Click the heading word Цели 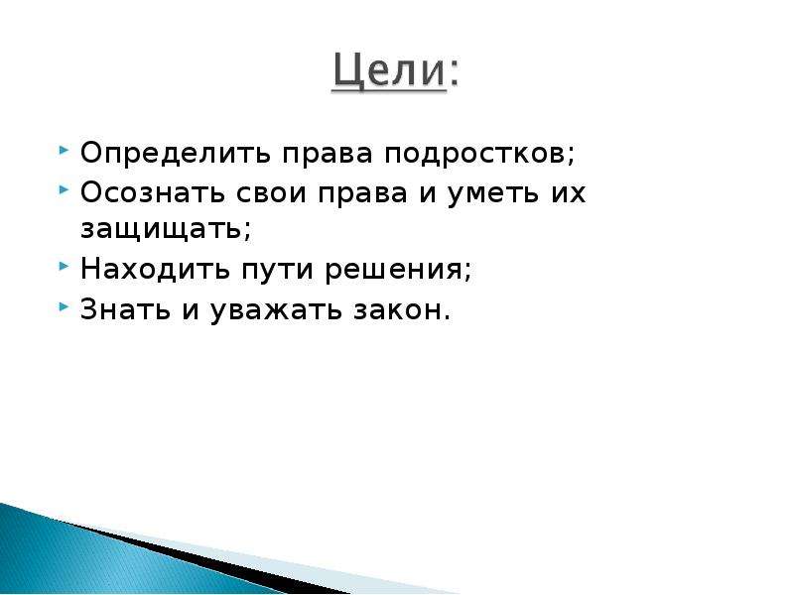coord(390,71)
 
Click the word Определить coord(176,154)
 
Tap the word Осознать coord(153,192)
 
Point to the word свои coord(271,193)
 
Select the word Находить coord(155,269)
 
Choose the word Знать coord(125,309)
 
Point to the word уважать coord(276,310)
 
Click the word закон coord(398,310)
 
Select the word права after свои coord(363,194)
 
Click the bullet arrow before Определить coord(64,150)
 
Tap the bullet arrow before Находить coord(64,265)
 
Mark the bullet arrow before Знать coord(64,305)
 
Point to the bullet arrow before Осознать coord(64,189)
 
